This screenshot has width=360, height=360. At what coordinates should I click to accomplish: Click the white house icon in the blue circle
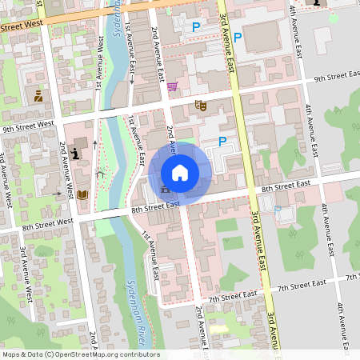point(179,172)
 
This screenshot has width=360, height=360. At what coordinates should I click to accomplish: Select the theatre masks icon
point(201,105)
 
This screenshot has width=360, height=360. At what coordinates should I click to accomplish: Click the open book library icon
point(82,194)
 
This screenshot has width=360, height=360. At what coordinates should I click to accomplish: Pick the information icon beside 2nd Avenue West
point(76,152)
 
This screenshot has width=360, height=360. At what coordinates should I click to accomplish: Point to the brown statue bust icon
point(38,97)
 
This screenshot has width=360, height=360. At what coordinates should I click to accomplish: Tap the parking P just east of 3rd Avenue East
point(238,37)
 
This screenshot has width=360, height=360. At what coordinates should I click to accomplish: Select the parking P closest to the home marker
point(222,142)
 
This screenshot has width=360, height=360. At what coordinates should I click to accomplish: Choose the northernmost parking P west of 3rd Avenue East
point(196,26)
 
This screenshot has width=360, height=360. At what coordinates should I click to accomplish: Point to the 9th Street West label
point(28,126)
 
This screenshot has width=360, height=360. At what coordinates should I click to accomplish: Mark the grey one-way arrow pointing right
point(57,193)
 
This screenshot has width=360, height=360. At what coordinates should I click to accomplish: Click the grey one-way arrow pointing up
point(95,144)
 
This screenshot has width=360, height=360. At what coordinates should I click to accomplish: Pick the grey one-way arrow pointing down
point(131,80)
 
